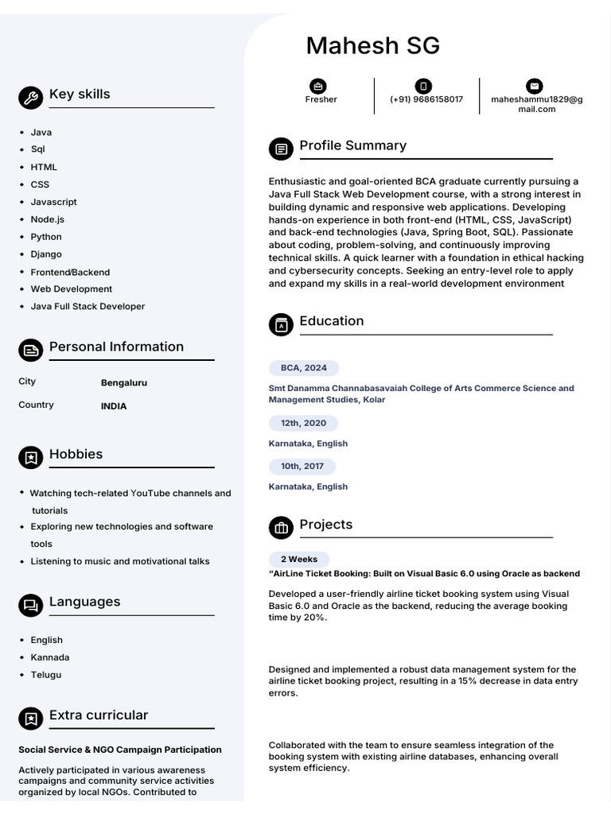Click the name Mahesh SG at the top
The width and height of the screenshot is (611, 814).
coord(372,46)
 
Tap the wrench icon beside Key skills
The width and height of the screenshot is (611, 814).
coord(30,98)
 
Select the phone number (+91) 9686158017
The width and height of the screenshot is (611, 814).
coord(426,99)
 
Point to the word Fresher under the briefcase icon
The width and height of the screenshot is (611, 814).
coord(321,99)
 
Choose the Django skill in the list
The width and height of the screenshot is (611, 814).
coord(46,254)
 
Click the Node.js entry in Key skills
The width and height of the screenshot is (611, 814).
coord(48,219)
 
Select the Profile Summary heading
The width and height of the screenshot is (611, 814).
coord(352,145)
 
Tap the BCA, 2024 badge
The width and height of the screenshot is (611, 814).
coord(304,368)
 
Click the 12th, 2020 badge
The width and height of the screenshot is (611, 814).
coord(303,424)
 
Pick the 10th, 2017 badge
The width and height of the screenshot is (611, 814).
coord(302,467)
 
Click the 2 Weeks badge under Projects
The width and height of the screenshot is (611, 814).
coord(298,560)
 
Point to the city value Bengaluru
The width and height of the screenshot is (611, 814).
coord(124,382)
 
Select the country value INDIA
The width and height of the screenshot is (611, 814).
coord(114,406)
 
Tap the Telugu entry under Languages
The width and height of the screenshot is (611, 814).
coord(46,675)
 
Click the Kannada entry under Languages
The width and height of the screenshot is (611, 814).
coord(50,657)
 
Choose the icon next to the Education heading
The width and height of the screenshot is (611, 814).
coord(281,324)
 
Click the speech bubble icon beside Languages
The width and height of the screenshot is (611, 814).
coord(30,606)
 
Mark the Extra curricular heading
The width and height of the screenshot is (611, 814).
coord(99,715)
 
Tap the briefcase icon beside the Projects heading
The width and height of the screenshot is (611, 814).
coord(281,528)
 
